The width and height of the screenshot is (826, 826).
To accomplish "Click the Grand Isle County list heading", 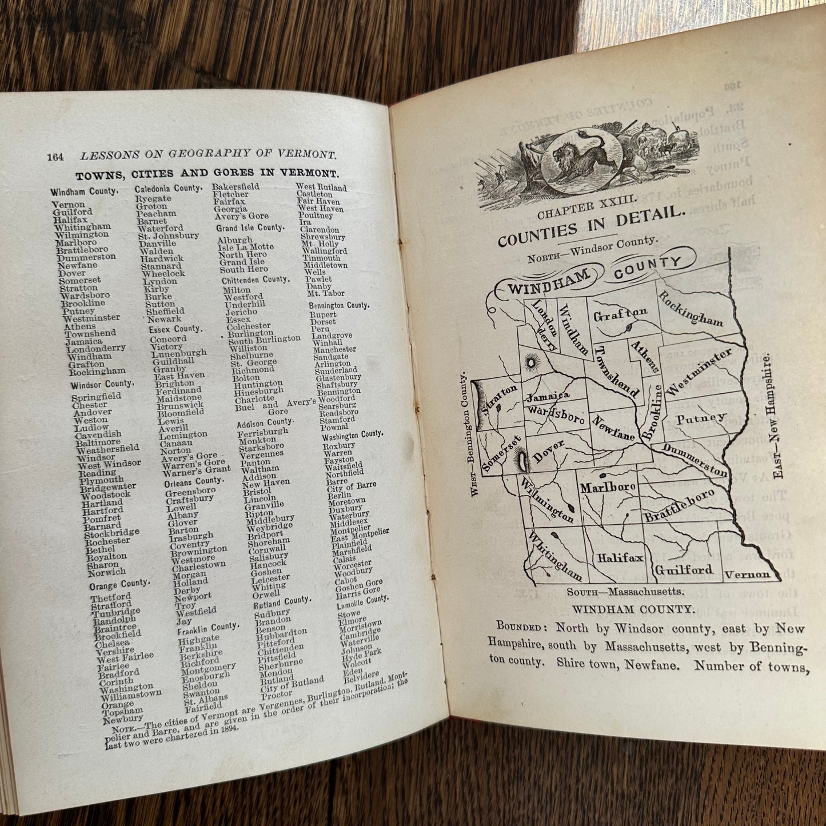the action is point(250,228).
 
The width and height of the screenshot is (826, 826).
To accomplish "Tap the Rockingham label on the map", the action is point(690,309).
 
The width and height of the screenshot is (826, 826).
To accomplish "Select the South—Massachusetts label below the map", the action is point(625,592).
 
